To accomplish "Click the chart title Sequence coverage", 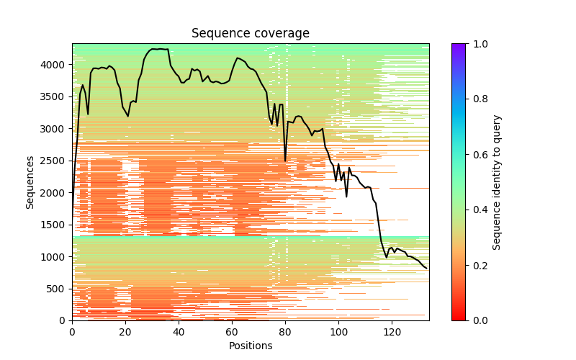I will [250, 34].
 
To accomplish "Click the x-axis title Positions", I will [250, 346].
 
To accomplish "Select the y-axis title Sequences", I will [30, 181].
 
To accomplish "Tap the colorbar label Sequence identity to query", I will [497, 181].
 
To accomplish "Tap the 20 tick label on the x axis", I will [125, 332].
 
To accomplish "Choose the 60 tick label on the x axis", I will [232, 332].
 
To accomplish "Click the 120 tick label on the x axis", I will [392, 332].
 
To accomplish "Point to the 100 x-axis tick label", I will [338, 332].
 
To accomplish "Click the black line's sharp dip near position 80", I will [285, 160].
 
